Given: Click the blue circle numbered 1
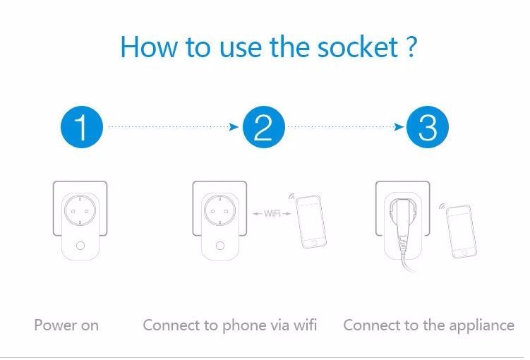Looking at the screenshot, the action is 82,127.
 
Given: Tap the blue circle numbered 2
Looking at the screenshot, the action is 264,127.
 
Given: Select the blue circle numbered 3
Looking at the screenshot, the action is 427,127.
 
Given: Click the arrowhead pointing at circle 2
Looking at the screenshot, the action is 234,127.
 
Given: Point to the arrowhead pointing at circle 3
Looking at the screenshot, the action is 399,127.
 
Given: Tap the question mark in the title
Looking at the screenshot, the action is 411,47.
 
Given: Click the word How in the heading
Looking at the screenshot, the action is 149,47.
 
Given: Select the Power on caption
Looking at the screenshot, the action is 66,325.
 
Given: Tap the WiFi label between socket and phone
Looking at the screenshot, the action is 272,214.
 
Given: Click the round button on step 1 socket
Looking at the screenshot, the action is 80,245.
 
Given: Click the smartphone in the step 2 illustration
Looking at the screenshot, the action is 311,222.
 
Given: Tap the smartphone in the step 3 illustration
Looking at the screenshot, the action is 462,232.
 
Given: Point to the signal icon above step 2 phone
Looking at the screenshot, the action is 291,196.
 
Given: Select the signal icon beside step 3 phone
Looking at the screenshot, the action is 442,206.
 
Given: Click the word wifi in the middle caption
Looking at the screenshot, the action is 305,325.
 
